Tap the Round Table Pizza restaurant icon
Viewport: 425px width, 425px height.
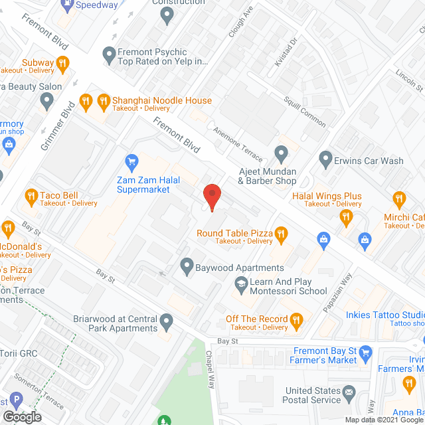281,233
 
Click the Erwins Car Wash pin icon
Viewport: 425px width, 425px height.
325,159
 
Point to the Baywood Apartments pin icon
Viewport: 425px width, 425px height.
187,267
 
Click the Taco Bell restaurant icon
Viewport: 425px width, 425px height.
31,196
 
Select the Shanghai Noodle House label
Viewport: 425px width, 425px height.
161,101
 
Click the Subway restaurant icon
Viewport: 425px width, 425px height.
62,63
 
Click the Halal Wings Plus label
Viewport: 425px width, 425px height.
327,196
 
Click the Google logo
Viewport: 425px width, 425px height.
21,417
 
